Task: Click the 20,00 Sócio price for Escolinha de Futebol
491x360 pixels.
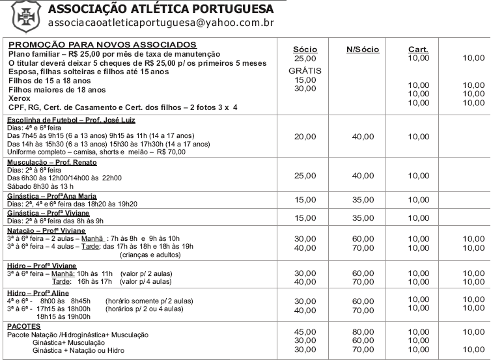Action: click(x=305, y=137)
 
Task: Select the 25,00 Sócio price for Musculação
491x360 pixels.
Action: click(x=305, y=176)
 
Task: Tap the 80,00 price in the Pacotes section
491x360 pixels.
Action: click(x=363, y=331)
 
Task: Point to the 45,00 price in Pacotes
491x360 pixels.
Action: click(x=305, y=331)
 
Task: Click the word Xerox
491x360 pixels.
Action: click(x=20, y=98)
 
